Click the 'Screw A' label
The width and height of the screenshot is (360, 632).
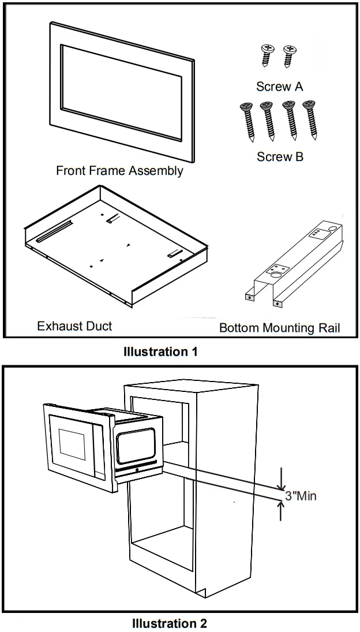[280, 87]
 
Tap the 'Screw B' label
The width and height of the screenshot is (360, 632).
[280, 157]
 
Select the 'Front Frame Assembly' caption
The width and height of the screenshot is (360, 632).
[119, 171]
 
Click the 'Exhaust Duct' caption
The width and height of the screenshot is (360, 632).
[74, 326]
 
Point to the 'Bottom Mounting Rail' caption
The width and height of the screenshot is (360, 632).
[279, 328]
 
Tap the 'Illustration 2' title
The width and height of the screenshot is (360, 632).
[169, 623]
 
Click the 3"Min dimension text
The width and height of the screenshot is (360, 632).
[301, 496]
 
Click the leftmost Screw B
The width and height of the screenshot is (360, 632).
[246, 121]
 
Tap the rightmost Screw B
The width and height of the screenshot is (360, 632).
[312, 119]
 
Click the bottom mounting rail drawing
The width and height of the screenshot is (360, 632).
[291, 263]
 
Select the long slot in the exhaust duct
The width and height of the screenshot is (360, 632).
[54, 231]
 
